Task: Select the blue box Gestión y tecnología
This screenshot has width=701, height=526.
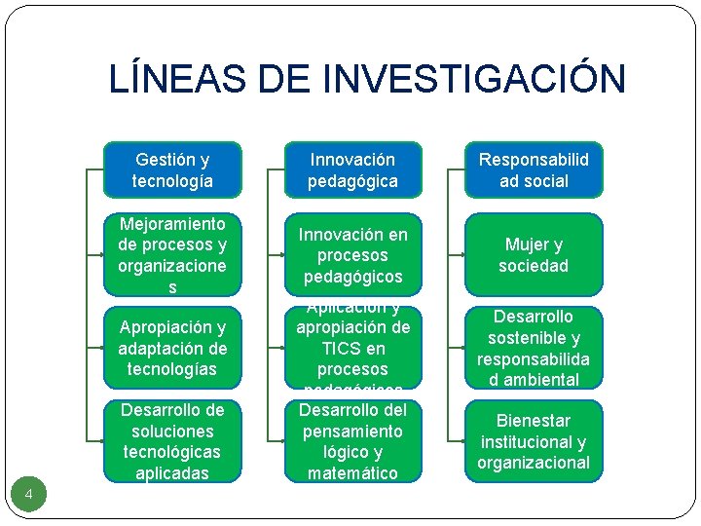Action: click(x=172, y=169)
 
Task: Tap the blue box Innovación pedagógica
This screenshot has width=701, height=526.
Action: click(x=352, y=169)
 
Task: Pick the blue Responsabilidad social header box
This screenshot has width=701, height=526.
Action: click(x=534, y=169)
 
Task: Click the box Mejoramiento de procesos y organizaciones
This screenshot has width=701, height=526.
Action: click(x=172, y=255)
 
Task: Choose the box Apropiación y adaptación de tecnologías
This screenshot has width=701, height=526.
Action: click(x=172, y=348)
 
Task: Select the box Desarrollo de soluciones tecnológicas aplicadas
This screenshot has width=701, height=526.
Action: click(x=172, y=441)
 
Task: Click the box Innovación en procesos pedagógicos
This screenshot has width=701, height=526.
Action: click(x=352, y=255)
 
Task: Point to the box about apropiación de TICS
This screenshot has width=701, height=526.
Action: click(x=352, y=348)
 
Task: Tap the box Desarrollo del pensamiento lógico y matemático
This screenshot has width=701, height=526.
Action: click(x=352, y=441)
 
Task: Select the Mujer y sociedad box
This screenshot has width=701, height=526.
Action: click(x=534, y=255)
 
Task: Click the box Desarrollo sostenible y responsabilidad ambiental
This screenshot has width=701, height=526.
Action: click(x=534, y=348)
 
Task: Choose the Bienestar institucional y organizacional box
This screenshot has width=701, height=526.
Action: click(x=534, y=441)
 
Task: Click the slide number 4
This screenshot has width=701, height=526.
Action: click(x=29, y=496)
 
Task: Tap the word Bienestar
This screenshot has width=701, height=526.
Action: click(x=534, y=421)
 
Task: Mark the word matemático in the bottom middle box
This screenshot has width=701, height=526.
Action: click(x=352, y=473)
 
